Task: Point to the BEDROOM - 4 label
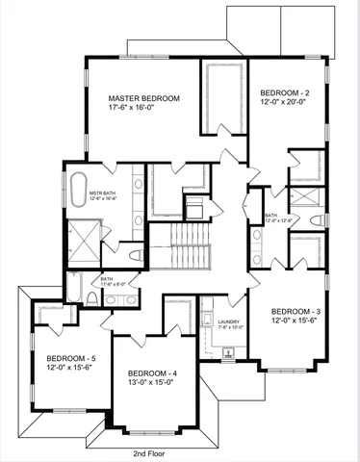tap(152, 372)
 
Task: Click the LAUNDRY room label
tap(229, 321)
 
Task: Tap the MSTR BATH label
tap(104, 193)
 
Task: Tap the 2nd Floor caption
tap(151, 452)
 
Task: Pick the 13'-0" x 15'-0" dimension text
tap(152, 382)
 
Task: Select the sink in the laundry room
tap(227, 351)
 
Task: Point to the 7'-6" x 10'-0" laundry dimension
tap(229, 328)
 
